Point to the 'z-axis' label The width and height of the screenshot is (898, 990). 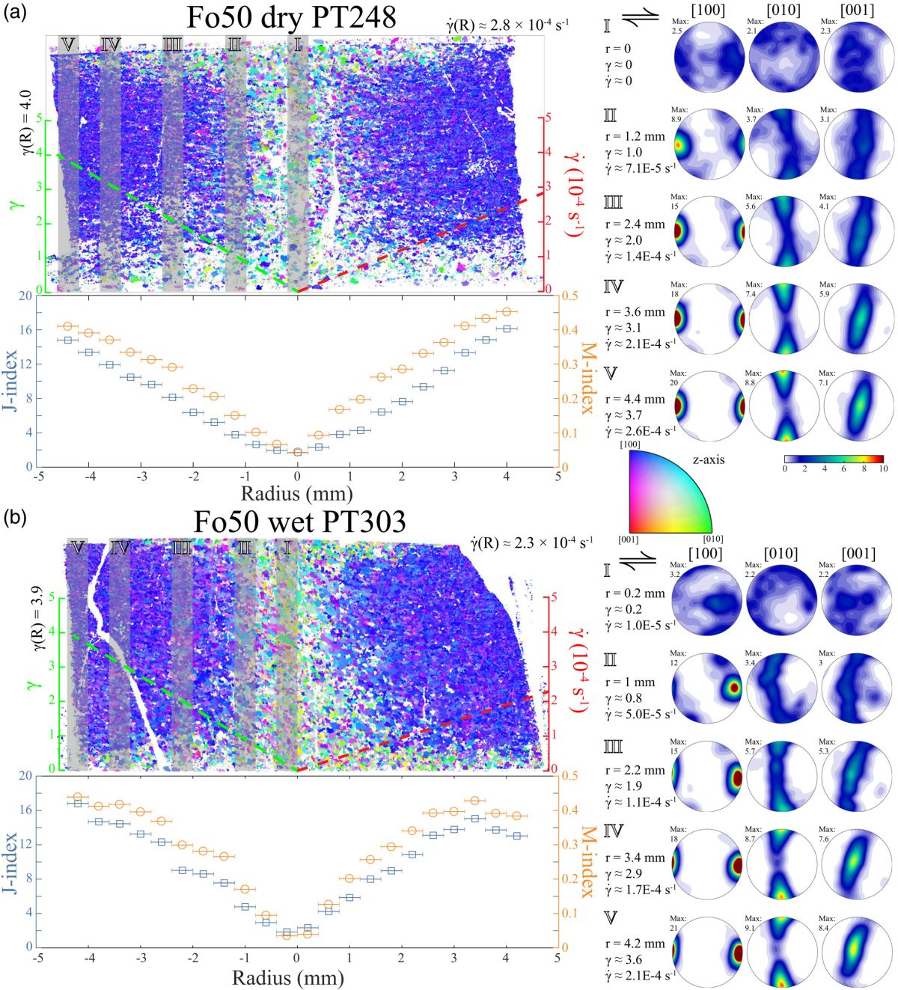coord(707,459)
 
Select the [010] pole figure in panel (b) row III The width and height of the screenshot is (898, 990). coord(782,776)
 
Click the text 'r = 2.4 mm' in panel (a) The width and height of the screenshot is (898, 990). coord(635,224)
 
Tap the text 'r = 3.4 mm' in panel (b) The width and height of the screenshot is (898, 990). coord(635,858)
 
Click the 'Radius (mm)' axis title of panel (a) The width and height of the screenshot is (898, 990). coord(297,493)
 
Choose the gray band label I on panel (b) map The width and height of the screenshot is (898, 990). coord(287,548)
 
